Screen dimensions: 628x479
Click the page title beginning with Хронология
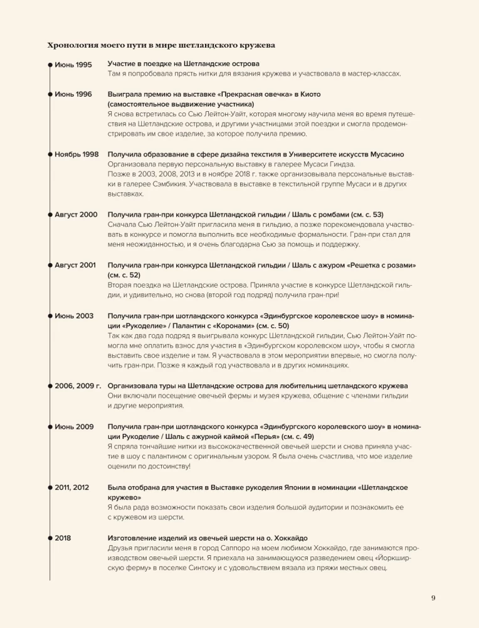(x=161, y=45)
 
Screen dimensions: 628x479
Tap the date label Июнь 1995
(x=73, y=65)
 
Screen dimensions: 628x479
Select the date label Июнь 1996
(x=73, y=94)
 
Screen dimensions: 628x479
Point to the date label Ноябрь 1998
(x=76, y=154)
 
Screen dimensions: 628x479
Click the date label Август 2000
(x=76, y=215)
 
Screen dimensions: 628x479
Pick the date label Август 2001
(x=75, y=265)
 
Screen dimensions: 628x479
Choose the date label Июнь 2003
(x=74, y=316)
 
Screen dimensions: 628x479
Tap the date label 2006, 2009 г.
(x=78, y=386)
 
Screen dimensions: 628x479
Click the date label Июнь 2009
(x=74, y=427)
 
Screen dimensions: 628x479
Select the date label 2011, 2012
(x=72, y=487)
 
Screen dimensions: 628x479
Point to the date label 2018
(x=63, y=538)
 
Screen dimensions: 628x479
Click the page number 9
(x=433, y=597)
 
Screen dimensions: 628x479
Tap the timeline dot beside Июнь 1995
(x=50, y=65)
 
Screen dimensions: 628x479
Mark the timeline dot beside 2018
(x=50, y=538)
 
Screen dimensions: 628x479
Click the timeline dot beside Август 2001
(x=50, y=265)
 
